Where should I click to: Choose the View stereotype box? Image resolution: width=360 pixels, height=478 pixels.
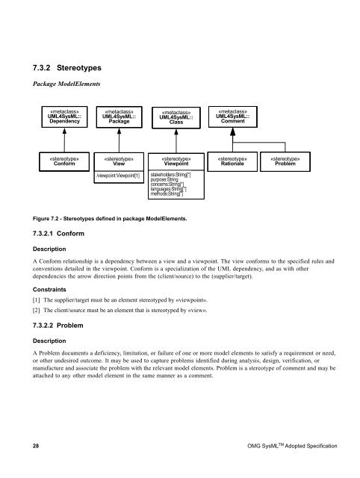click(118, 162)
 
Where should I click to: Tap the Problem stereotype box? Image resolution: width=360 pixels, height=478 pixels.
click(287, 162)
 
